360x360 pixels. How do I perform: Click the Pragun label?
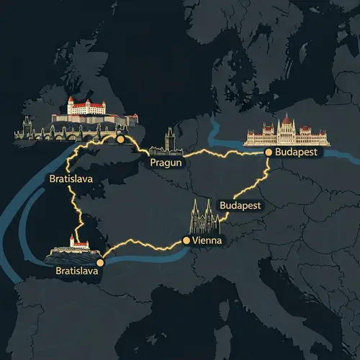pos(167,163)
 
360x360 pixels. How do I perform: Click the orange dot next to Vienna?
pos(187,240)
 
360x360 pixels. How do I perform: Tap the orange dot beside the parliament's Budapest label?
pos(269,153)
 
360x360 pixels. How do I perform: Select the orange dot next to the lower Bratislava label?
pos(100,264)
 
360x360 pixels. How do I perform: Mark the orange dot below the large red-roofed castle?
pos(120,139)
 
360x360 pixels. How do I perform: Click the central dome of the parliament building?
pos(286,122)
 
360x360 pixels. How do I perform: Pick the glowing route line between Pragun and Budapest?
pos(216,154)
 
